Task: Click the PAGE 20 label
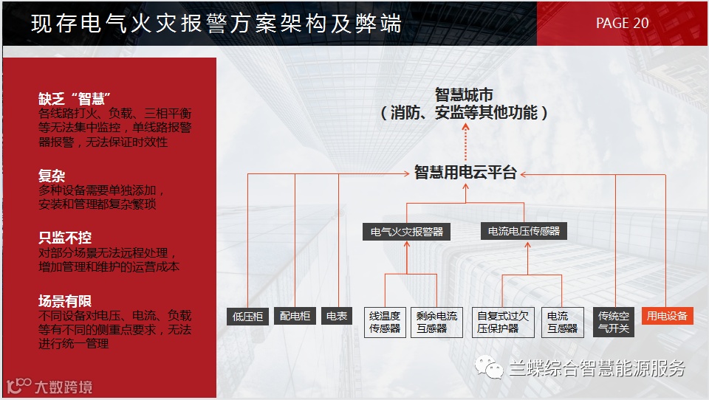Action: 622,23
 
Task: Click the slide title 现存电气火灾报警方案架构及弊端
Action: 216,24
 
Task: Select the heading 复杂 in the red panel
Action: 52,176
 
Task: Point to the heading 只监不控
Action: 65,238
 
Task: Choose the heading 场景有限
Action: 65,301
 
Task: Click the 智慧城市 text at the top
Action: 464,95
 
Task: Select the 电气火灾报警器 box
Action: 407,232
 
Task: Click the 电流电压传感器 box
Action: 524,232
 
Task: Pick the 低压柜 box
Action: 247,316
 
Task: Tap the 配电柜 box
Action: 295,316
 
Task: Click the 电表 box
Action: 337,316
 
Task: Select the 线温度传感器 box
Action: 385,322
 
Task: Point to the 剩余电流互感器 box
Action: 436,322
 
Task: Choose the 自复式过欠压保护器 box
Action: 503,322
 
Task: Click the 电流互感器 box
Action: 563,322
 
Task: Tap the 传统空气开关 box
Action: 614,322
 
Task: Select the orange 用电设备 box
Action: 667,316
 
